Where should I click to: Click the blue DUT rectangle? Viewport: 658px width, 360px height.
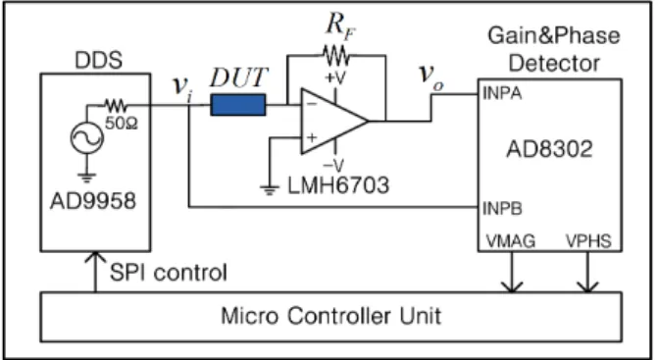pyautogui.click(x=238, y=105)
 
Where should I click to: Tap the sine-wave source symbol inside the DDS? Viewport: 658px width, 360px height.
pyautogui.click(x=87, y=137)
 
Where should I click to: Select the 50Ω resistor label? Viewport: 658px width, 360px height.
pyautogui.click(x=122, y=124)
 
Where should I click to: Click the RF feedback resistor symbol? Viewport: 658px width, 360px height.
pyautogui.click(x=335, y=55)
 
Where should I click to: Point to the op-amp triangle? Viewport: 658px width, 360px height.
pyautogui.click(x=333, y=122)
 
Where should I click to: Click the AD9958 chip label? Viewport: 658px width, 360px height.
pyautogui.click(x=93, y=200)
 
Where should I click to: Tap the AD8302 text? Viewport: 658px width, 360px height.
pyautogui.click(x=549, y=149)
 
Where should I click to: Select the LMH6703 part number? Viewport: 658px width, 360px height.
pyautogui.click(x=338, y=185)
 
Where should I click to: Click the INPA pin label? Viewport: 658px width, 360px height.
pyautogui.click(x=502, y=93)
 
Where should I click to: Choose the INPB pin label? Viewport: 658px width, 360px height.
pyautogui.click(x=502, y=209)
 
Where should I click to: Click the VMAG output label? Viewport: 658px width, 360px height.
pyautogui.click(x=511, y=241)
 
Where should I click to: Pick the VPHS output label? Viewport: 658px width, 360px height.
pyautogui.click(x=588, y=241)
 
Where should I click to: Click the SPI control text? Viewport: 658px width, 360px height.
pyautogui.click(x=169, y=273)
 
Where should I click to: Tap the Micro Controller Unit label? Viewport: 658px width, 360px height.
pyautogui.click(x=331, y=316)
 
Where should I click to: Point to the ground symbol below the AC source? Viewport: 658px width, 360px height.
pyautogui.click(x=87, y=178)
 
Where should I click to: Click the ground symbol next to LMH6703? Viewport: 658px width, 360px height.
pyautogui.click(x=270, y=190)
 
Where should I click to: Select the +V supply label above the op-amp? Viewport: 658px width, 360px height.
pyautogui.click(x=334, y=78)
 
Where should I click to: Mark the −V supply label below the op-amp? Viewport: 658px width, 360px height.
pyautogui.click(x=333, y=166)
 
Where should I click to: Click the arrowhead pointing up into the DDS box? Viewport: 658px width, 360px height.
pyautogui.click(x=95, y=256)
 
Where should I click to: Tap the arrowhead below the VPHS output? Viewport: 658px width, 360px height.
pyautogui.click(x=587, y=287)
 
